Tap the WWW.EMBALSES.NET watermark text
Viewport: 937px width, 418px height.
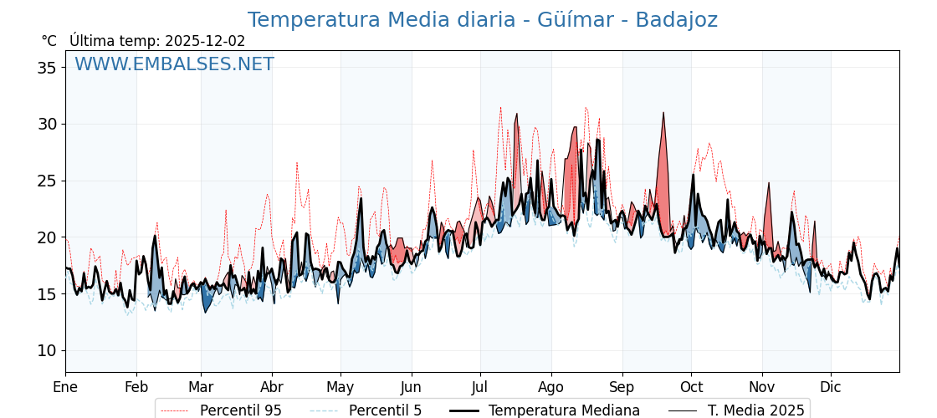[x=174, y=64]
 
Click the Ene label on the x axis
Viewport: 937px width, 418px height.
[x=65, y=387]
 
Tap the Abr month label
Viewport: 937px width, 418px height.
[x=272, y=387]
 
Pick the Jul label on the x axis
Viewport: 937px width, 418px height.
[x=480, y=387]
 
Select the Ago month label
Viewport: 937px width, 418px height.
[x=550, y=387]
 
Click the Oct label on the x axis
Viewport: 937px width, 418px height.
[x=691, y=387]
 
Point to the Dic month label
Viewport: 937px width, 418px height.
[x=831, y=387]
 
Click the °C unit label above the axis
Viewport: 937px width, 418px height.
[x=49, y=41]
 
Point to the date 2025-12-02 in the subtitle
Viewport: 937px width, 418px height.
[x=205, y=41]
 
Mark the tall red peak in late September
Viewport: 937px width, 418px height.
[x=663, y=114]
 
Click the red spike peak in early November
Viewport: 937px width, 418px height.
[x=769, y=184]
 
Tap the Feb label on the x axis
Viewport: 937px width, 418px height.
[x=136, y=387]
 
